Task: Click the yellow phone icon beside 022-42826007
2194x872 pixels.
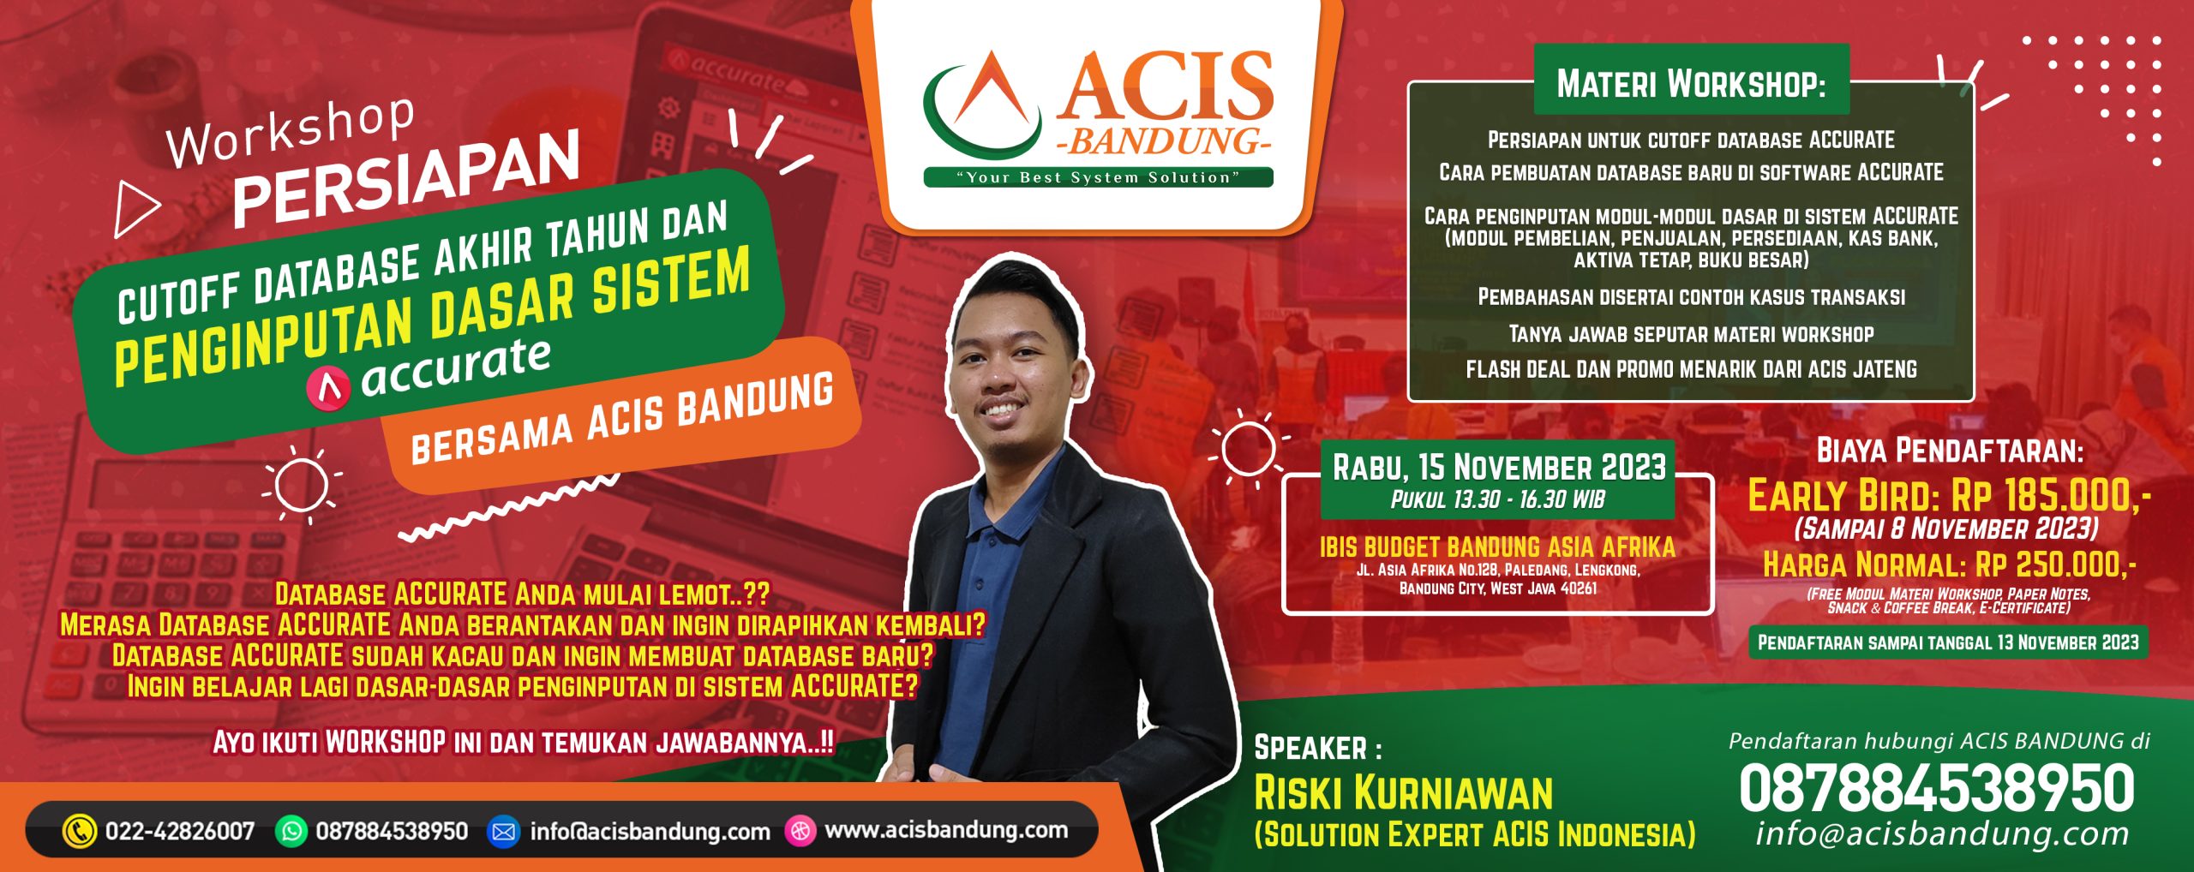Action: coord(80,831)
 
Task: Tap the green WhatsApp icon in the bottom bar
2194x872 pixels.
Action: coord(291,831)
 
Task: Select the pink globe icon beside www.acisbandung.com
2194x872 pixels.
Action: coord(800,831)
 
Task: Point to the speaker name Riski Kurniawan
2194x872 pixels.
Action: coord(1403,793)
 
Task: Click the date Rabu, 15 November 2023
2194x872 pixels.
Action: coord(1499,468)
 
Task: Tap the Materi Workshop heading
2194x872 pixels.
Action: coord(1691,84)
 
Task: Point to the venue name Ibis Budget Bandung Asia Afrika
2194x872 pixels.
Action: coord(1497,546)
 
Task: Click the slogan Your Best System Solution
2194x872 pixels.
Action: coord(1098,177)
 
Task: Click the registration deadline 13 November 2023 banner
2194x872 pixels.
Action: coord(1948,642)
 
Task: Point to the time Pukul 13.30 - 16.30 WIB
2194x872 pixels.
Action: coord(1497,500)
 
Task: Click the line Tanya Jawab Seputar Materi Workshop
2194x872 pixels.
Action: coord(1691,334)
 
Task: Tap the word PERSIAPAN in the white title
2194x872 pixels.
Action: coord(405,180)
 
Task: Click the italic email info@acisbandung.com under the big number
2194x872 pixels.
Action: coord(1942,833)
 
